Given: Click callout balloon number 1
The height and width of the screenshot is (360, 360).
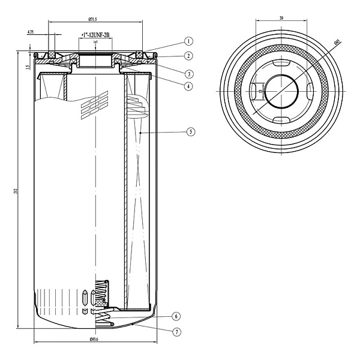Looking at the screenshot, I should [x=188, y=41].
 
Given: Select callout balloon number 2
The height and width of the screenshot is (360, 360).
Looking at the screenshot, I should [x=188, y=56].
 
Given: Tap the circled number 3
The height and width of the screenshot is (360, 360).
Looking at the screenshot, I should [x=188, y=74].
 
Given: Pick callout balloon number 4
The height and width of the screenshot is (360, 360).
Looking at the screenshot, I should [x=188, y=86].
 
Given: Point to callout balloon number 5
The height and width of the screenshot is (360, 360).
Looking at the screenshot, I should [x=190, y=131].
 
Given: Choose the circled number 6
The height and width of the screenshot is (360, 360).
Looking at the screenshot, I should [x=176, y=316].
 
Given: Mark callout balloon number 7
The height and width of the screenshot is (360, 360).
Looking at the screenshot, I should [x=176, y=331].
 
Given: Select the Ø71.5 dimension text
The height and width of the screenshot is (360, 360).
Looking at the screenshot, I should [x=93, y=20].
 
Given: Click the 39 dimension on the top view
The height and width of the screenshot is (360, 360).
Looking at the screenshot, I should [x=281, y=18].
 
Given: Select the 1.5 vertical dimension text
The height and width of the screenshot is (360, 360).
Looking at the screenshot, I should [x=28, y=67].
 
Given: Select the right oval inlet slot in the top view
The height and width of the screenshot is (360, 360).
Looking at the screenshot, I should [x=310, y=92].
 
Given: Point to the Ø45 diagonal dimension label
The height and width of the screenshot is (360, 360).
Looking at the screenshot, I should [x=338, y=44].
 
